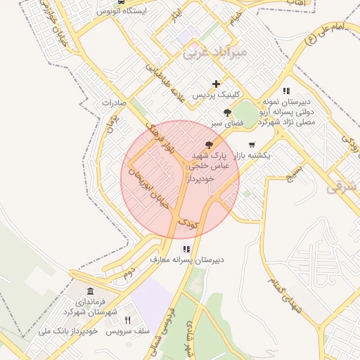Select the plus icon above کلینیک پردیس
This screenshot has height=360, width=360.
[217, 84]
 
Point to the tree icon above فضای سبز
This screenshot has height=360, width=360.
[226, 112]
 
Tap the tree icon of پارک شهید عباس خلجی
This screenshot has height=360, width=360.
[208, 144]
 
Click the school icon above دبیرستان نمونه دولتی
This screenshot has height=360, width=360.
[286, 91]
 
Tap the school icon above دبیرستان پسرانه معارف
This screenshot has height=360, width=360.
[186, 249]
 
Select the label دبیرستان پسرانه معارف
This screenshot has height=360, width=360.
[187, 259]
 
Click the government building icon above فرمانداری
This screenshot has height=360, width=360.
[90, 291]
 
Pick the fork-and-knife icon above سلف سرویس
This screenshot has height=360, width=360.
[127, 320]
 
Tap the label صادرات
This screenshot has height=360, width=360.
[113, 103]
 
